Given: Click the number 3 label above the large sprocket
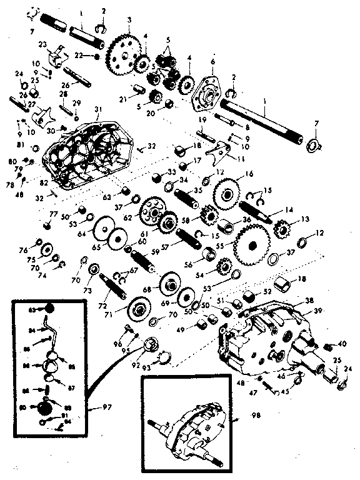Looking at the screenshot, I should (x=129, y=20).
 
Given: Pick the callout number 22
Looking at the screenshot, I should (x=79, y=56).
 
